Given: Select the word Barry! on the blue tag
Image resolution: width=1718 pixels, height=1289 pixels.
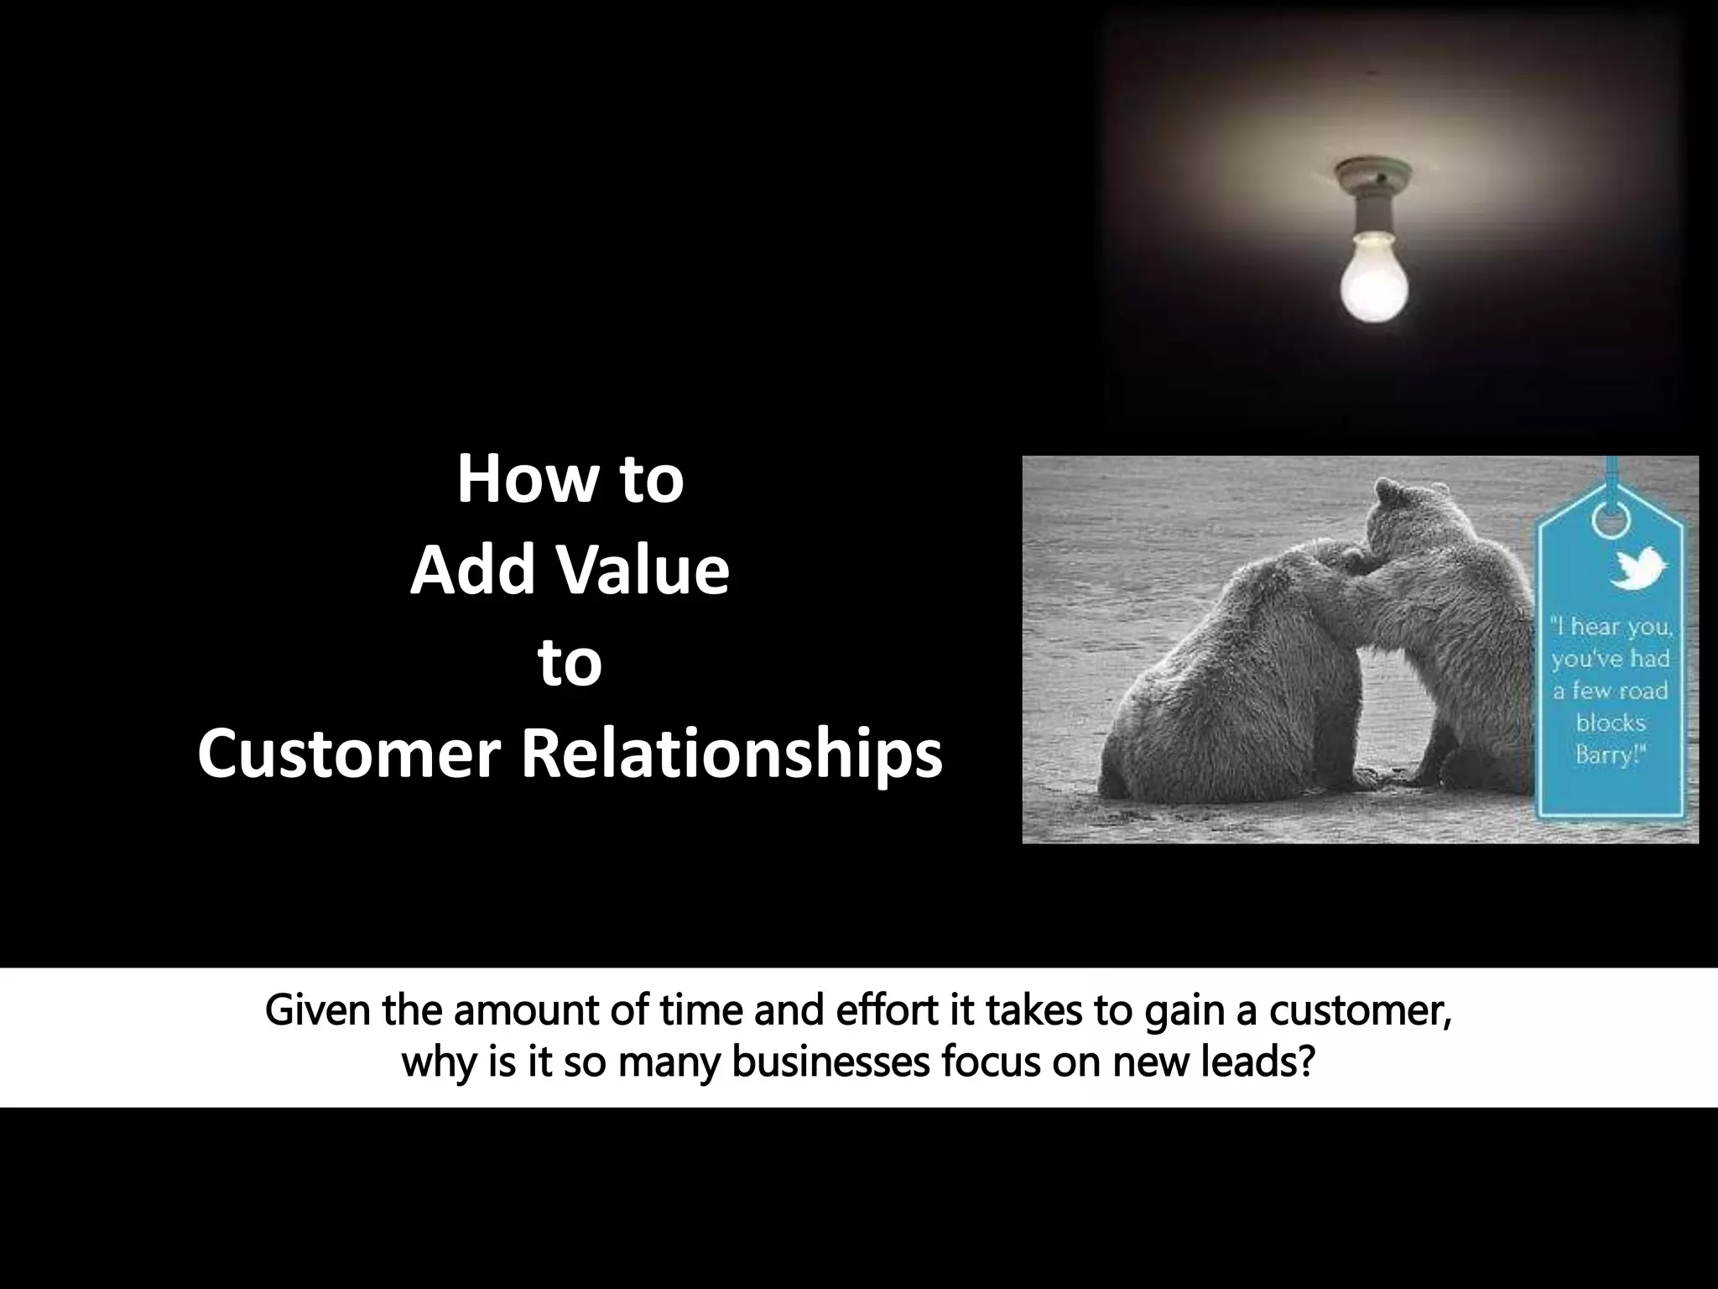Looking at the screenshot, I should click(x=1610, y=755).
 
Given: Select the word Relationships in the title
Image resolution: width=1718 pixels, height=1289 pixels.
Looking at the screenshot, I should click(x=731, y=754).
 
